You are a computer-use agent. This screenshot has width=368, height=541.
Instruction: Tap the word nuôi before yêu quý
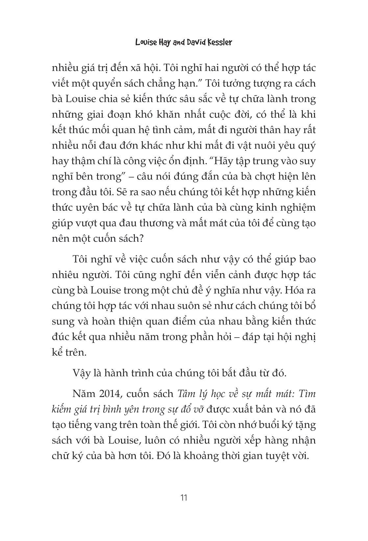click(260, 146)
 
